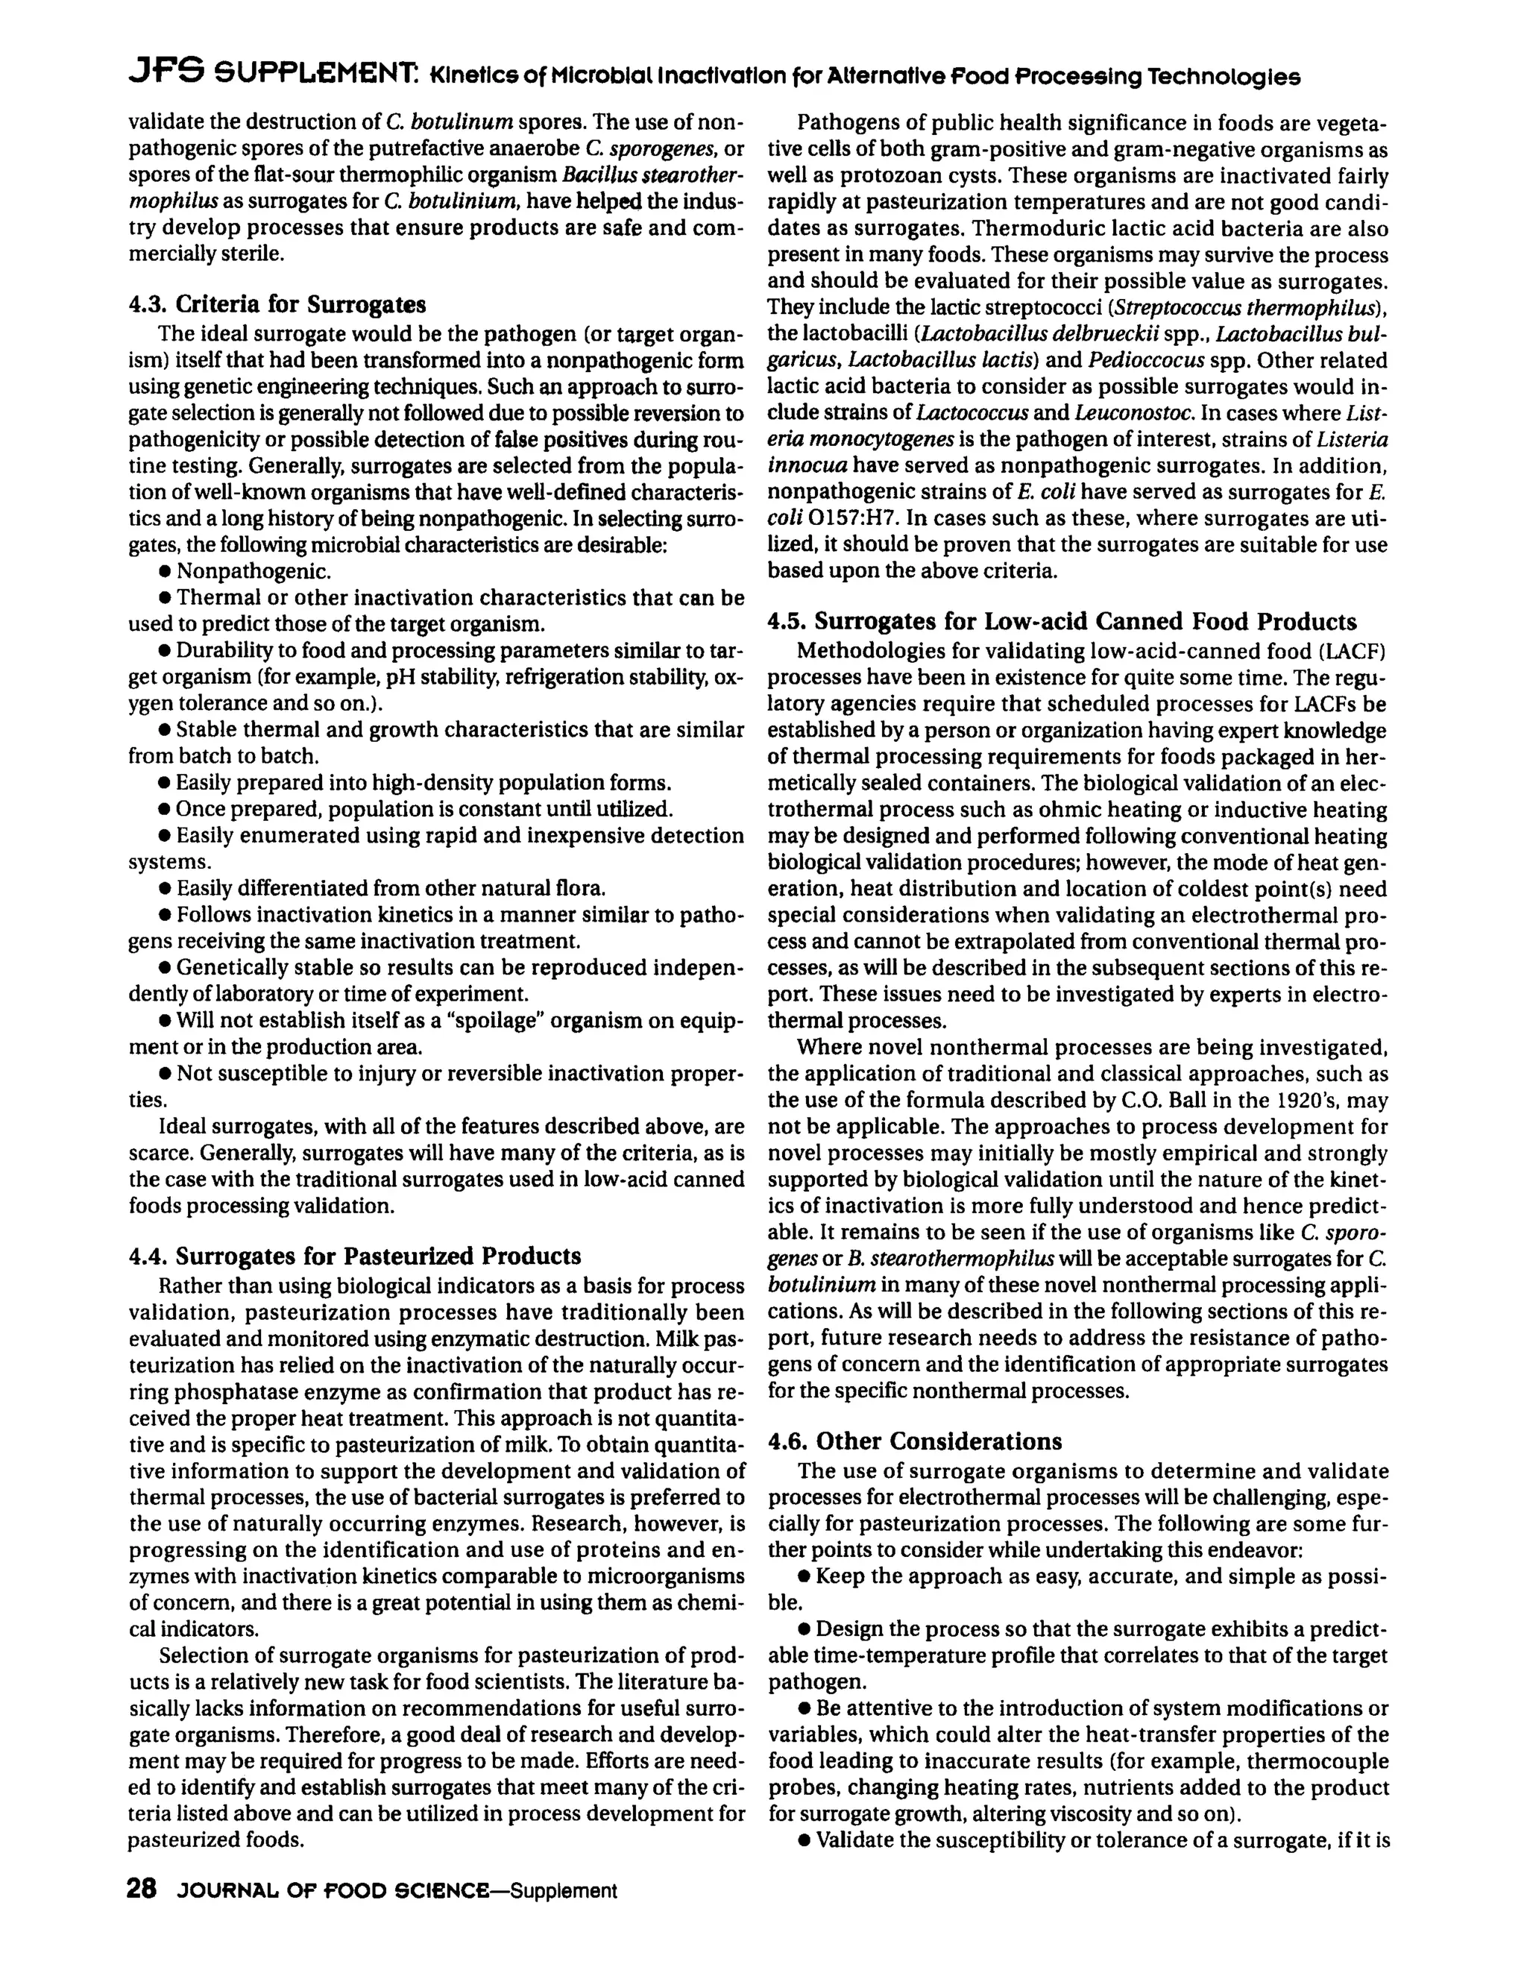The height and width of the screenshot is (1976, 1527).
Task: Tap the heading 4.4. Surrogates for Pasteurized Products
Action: [355, 1256]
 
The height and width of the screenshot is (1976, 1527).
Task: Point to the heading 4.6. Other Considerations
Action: [915, 1441]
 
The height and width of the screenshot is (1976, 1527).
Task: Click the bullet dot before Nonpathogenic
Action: [166, 572]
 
